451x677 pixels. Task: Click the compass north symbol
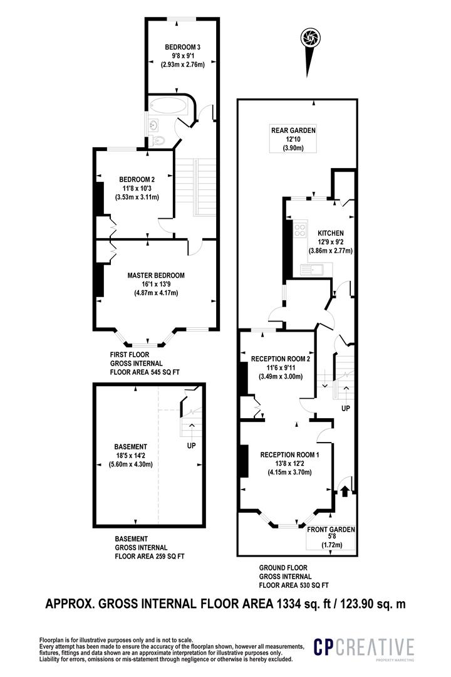click(308, 37)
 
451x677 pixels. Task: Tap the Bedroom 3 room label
click(182, 47)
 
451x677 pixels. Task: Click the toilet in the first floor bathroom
click(158, 140)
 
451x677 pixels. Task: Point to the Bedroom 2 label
click(137, 179)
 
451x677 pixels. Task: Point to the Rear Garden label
click(293, 130)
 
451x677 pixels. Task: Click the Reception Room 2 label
click(281, 359)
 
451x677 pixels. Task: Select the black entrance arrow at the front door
click(343, 491)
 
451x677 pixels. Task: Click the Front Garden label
click(331, 530)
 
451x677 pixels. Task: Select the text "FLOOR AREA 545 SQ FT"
click(145, 372)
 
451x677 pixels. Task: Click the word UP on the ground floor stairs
click(346, 408)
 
